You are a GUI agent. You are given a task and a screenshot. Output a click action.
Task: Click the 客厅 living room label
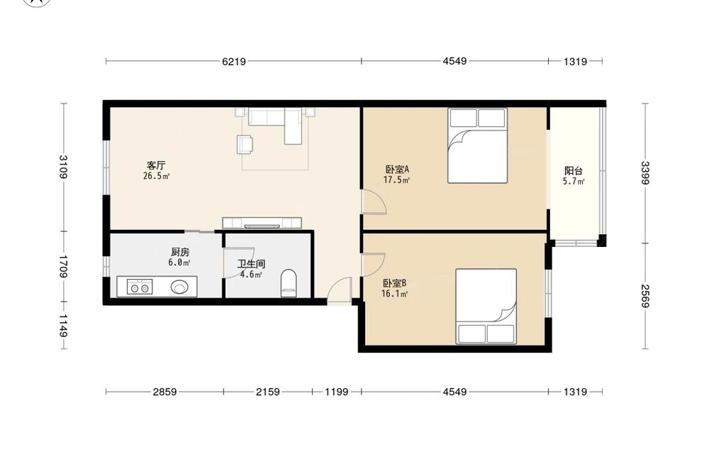click(156, 165)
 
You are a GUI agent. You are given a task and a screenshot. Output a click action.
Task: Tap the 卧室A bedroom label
click(397, 169)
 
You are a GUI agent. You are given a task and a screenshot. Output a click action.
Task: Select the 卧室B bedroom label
click(394, 283)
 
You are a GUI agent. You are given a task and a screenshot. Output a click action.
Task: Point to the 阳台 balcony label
click(574, 171)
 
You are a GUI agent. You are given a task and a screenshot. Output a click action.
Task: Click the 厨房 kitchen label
click(180, 252)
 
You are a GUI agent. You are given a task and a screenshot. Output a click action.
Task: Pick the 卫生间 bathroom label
click(252, 264)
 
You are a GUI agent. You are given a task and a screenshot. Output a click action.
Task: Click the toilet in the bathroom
click(289, 283)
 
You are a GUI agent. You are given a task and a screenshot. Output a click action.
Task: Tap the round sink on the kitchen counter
click(179, 287)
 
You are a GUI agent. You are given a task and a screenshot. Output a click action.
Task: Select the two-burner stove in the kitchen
click(139, 287)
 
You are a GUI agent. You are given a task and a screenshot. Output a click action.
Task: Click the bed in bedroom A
click(477, 145)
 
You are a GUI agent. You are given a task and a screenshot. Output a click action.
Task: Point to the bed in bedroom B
click(486, 307)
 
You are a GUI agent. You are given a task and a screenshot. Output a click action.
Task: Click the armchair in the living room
click(245, 144)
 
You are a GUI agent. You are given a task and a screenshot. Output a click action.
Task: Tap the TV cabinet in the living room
click(262, 223)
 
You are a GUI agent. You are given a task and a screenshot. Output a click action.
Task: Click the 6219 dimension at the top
click(234, 62)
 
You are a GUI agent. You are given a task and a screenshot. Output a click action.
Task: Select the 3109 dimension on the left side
click(63, 167)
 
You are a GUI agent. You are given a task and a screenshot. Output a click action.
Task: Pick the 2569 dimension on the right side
click(645, 296)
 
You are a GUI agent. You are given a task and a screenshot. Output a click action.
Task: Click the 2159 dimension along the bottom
click(268, 392)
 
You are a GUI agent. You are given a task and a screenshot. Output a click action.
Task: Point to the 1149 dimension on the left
click(63, 326)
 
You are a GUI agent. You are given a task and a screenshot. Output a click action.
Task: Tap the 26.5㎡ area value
click(157, 176)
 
